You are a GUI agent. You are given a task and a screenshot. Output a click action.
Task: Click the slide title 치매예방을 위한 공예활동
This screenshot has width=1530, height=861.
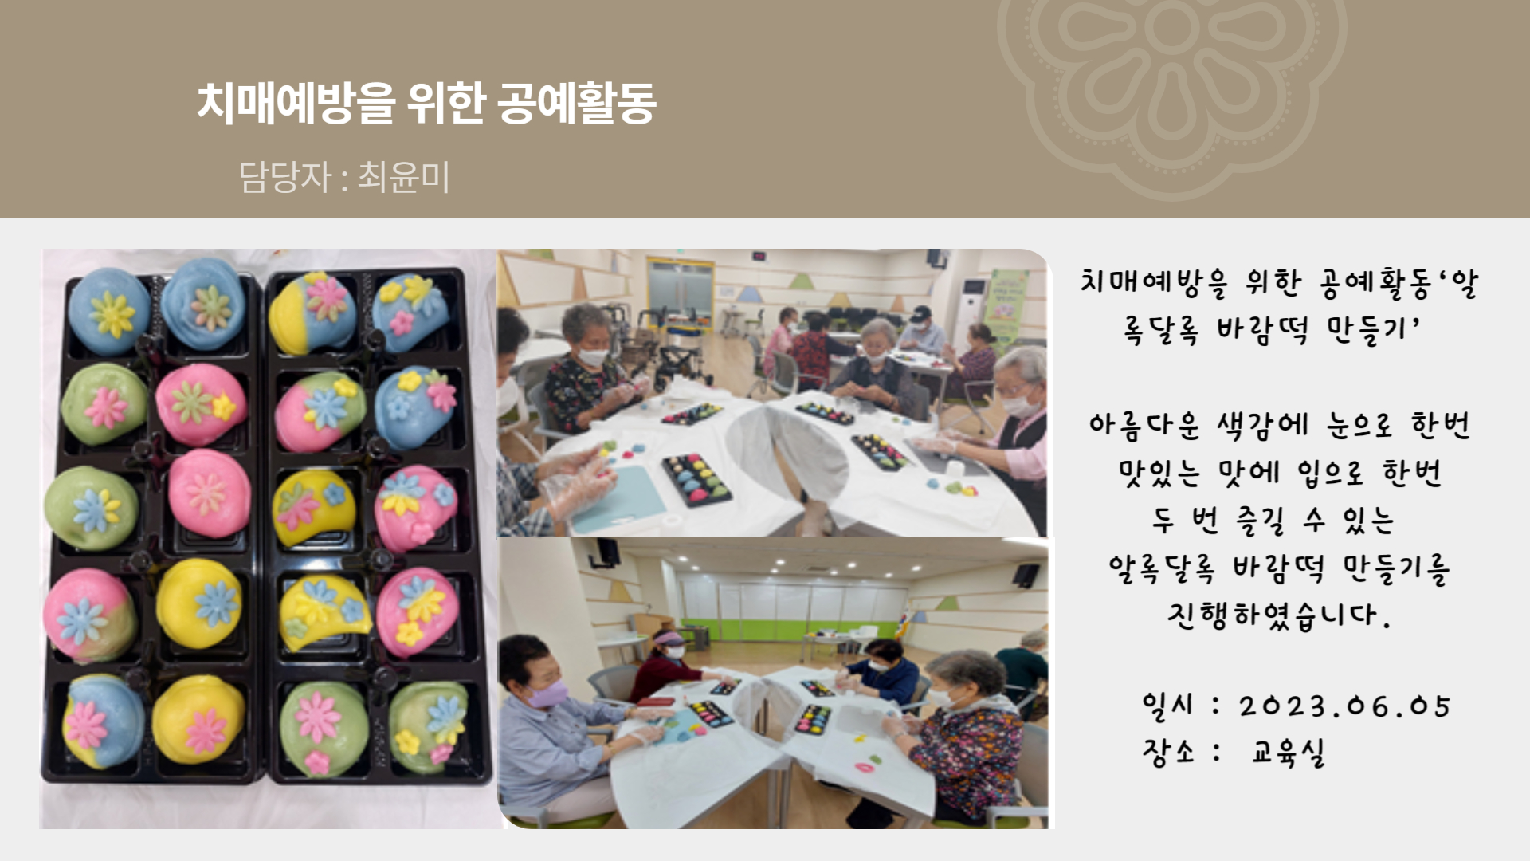point(426,104)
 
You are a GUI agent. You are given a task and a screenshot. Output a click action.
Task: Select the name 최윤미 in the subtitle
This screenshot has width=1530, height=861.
point(403,177)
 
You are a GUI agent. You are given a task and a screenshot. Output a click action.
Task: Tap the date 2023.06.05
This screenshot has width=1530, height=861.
point(1344,706)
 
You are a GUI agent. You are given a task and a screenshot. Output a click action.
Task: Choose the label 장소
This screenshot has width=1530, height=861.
point(1168,751)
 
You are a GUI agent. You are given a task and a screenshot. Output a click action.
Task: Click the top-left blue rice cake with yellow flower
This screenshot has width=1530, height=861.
point(109,312)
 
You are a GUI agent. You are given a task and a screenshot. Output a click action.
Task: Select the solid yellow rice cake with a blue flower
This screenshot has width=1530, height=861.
point(198,603)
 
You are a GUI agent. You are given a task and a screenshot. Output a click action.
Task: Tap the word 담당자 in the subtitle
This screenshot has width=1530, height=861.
point(284,177)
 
